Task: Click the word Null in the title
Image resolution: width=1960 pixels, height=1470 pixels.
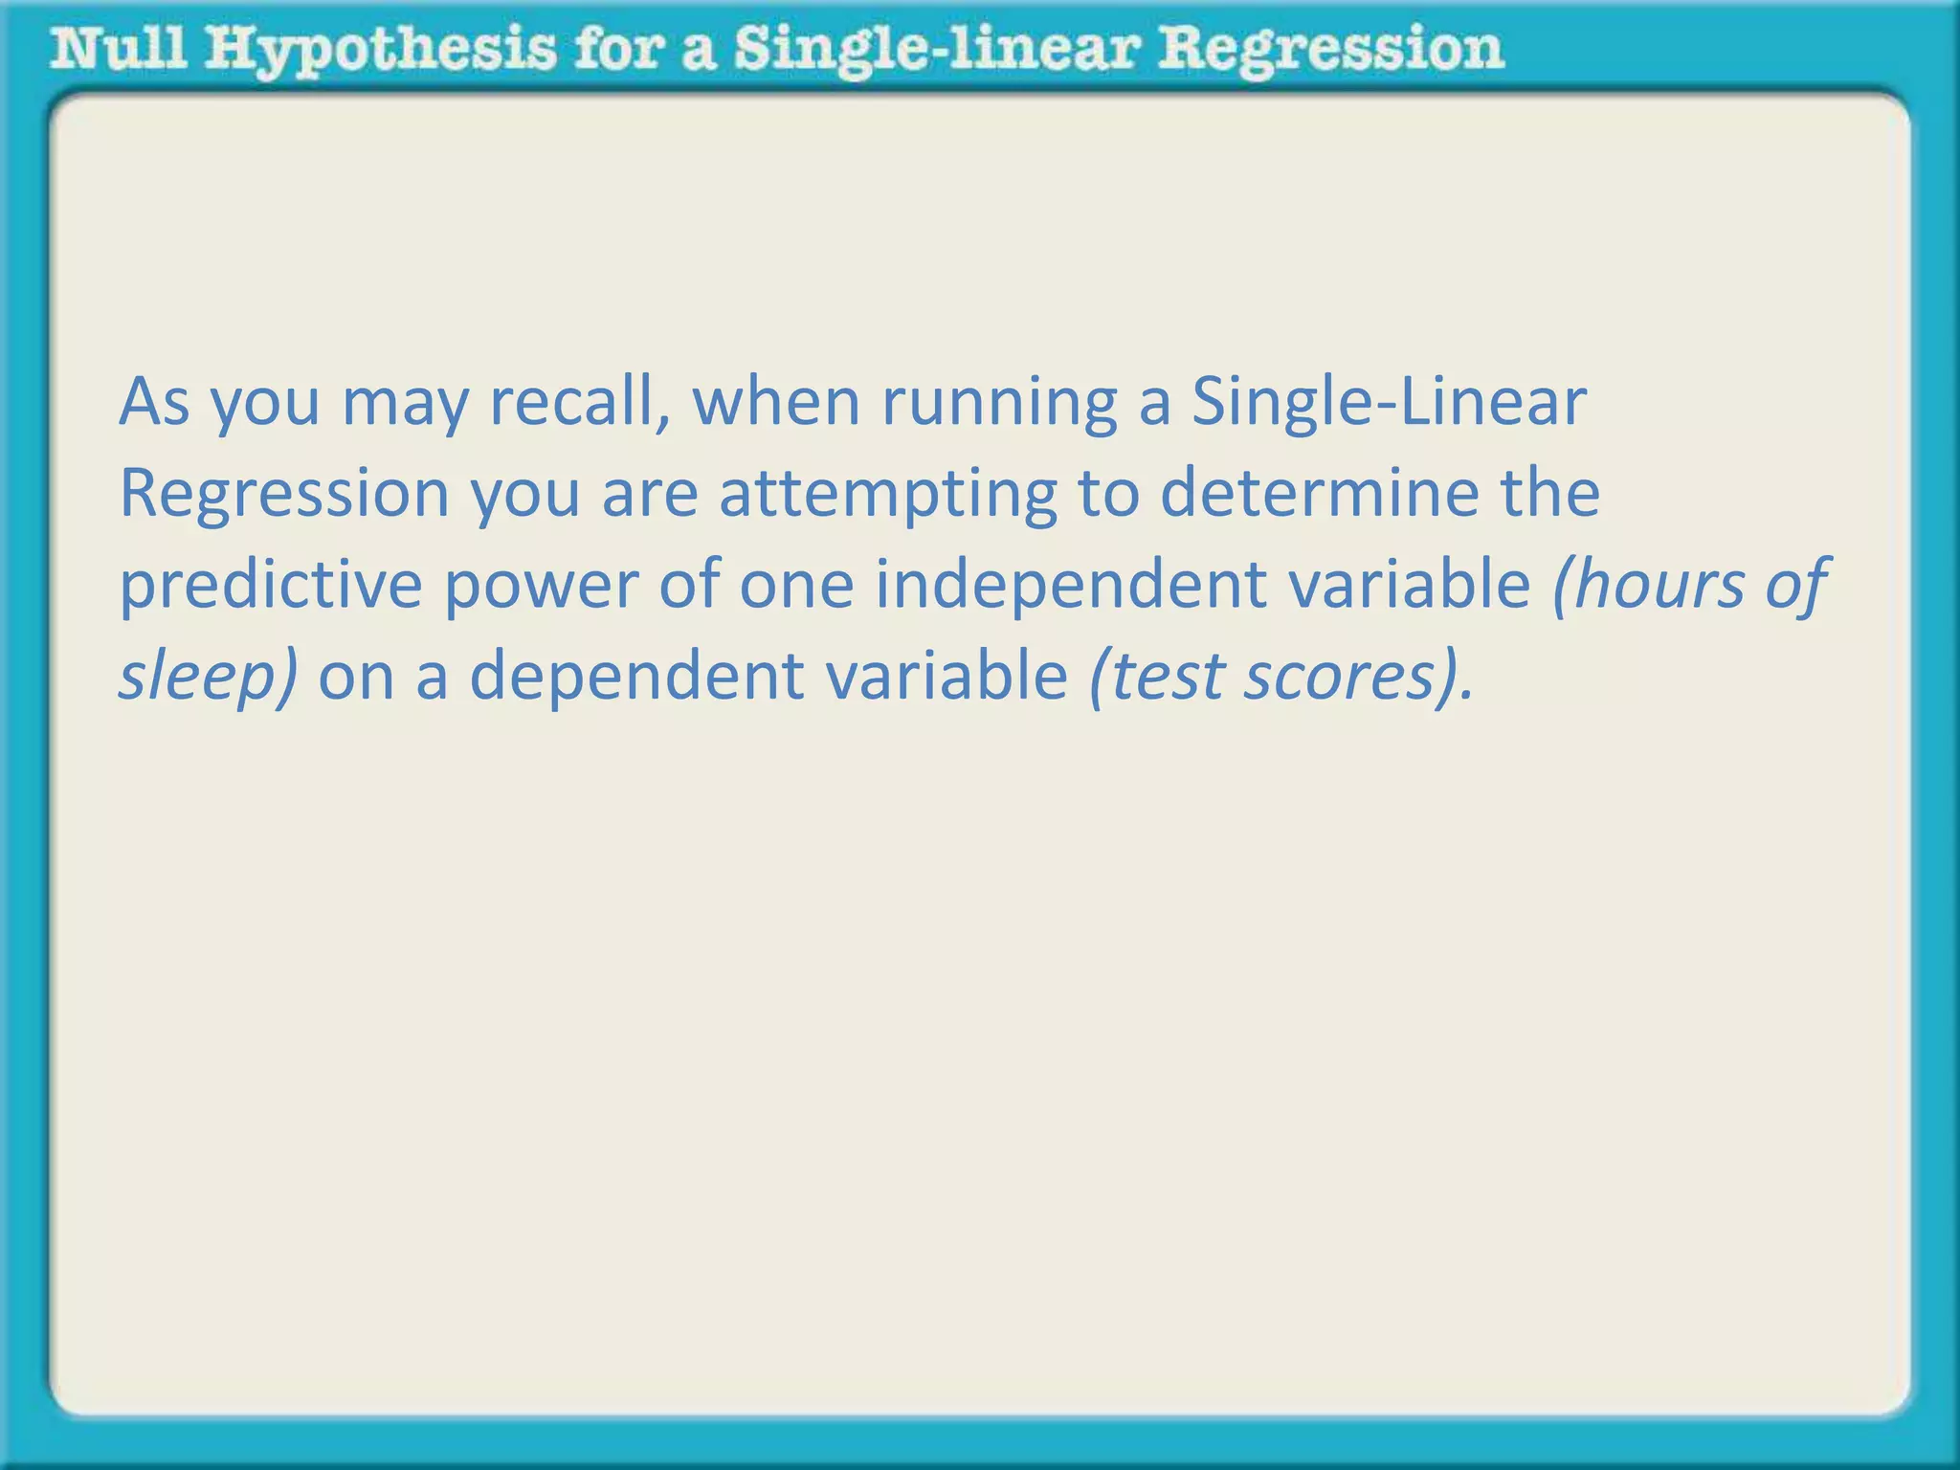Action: click(x=119, y=50)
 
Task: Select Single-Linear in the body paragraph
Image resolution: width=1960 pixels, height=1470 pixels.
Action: click(x=1389, y=401)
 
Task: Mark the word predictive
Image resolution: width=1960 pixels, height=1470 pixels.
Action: click(x=271, y=585)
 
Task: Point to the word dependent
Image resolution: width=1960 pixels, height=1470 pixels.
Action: click(x=635, y=677)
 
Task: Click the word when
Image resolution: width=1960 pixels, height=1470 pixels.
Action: click(x=776, y=401)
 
